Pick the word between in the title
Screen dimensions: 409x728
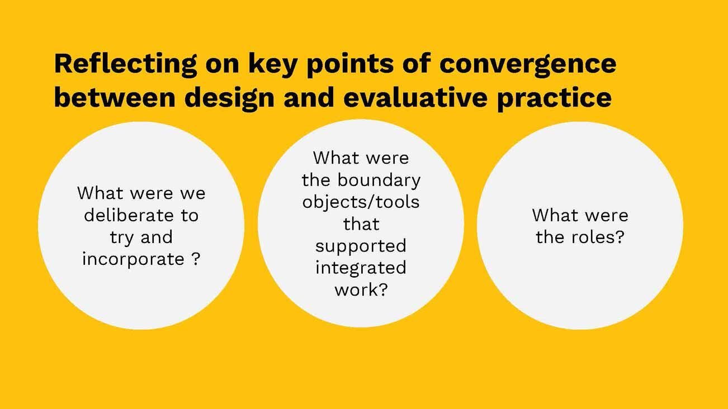(115, 98)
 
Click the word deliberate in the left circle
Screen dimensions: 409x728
(141, 215)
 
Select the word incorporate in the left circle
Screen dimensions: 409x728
(133, 259)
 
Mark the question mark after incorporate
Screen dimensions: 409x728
(195, 259)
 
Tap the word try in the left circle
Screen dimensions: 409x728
(121, 237)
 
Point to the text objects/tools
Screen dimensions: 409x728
(361, 202)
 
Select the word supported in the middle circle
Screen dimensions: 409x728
(361, 246)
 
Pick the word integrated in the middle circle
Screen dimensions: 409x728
(361, 268)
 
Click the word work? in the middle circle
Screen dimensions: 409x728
(361, 289)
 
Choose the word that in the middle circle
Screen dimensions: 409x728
(361, 223)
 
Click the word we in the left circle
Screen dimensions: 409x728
(192, 193)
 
